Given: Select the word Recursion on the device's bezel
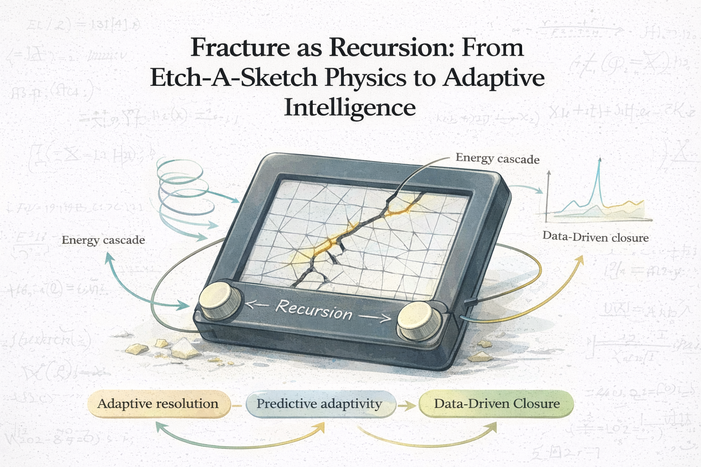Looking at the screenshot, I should pyautogui.click(x=314, y=310).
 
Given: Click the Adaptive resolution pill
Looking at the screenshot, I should pyautogui.click(x=158, y=404).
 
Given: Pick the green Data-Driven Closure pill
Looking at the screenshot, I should pyautogui.click(x=497, y=404).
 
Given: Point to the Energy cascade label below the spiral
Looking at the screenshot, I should pyautogui.click(x=103, y=240).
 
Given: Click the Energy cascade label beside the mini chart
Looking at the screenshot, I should pyautogui.click(x=497, y=159).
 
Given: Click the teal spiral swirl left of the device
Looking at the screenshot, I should pyautogui.click(x=183, y=192).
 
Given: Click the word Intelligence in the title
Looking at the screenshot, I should pyautogui.click(x=350, y=108).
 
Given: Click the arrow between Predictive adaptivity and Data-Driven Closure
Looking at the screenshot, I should pyautogui.click(x=404, y=404).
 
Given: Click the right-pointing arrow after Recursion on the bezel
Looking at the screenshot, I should pyautogui.click(x=374, y=317).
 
